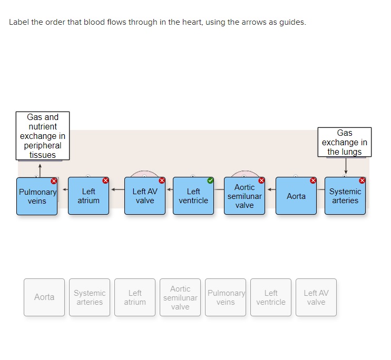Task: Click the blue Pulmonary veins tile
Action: click(37, 196)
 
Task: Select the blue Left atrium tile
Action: click(89, 196)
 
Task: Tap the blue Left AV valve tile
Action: click(145, 196)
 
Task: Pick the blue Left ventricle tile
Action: click(193, 196)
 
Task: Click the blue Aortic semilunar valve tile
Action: click(245, 196)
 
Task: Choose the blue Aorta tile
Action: click(296, 196)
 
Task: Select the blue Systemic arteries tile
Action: click(345, 196)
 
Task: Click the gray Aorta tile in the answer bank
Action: click(44, 297)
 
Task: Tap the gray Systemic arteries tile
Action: click(90, 297)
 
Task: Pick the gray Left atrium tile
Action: click(135, 297)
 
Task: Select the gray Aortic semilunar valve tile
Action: click(180, 297)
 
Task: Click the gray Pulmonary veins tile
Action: click(226, 297)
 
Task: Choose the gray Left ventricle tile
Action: click(271, 297)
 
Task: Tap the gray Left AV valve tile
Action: click(316, 297)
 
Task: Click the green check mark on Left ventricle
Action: click(211, 181)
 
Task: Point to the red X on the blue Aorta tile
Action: click(313, 181)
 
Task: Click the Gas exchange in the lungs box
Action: click(345, 142)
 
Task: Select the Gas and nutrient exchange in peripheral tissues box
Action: click(43, 136)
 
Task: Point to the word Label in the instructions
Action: click(19, 23)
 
